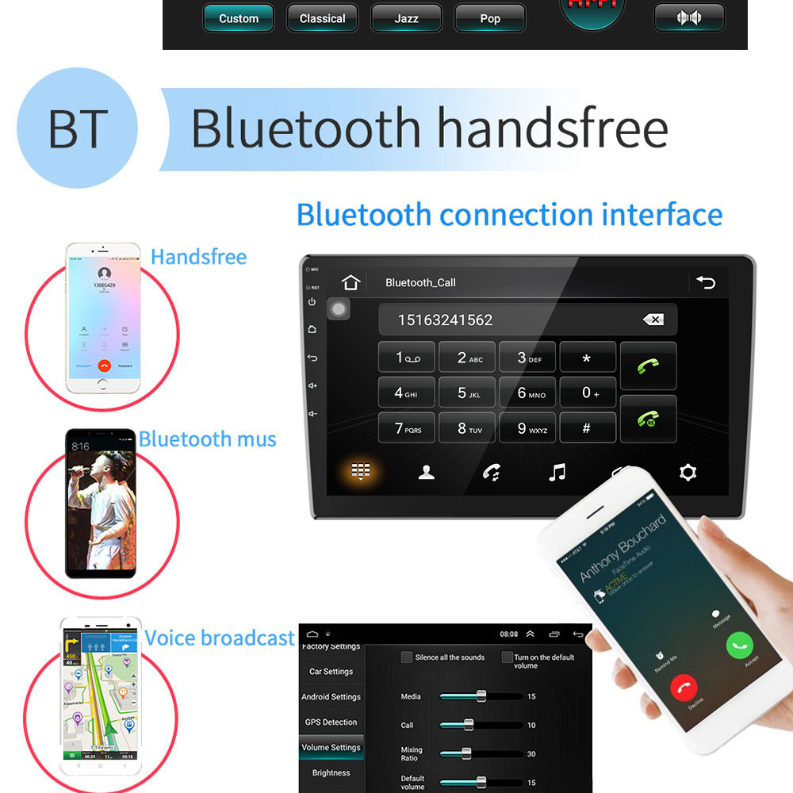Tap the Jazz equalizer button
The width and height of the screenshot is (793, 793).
click(406, 18)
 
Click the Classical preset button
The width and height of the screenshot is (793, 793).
click(322, 18)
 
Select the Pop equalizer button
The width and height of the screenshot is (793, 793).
click(489, 18)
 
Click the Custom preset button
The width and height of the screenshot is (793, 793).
click(239, 18)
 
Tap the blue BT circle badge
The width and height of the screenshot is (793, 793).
click(77, 128)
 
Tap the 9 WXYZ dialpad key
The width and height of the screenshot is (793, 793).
click(527, 428)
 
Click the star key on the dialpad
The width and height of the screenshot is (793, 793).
click(587, 358)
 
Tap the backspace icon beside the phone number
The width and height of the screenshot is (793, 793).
click(653, 320)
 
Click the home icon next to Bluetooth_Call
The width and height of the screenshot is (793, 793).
click(351, 282)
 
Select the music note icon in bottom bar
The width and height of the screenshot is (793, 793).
click(557, 473)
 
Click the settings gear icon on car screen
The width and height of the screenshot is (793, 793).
click(688, 473)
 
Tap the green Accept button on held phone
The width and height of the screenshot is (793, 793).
click(739, 644)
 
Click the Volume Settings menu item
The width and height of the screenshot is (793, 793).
click(331, 747)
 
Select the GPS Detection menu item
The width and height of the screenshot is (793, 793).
click(331, 722)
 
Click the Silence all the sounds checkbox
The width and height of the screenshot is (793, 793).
click(407, 657)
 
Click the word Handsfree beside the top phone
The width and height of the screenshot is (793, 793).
click(198, 257)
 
